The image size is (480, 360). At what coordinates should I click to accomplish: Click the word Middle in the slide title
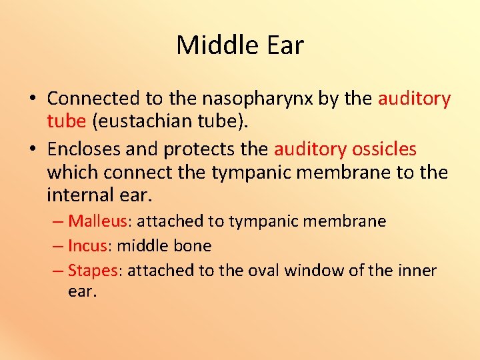210,45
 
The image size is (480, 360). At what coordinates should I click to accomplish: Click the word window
311,270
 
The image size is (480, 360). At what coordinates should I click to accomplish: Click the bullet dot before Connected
32,99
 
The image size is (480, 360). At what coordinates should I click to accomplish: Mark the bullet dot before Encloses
32,149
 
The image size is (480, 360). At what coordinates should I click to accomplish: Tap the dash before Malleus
58,221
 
